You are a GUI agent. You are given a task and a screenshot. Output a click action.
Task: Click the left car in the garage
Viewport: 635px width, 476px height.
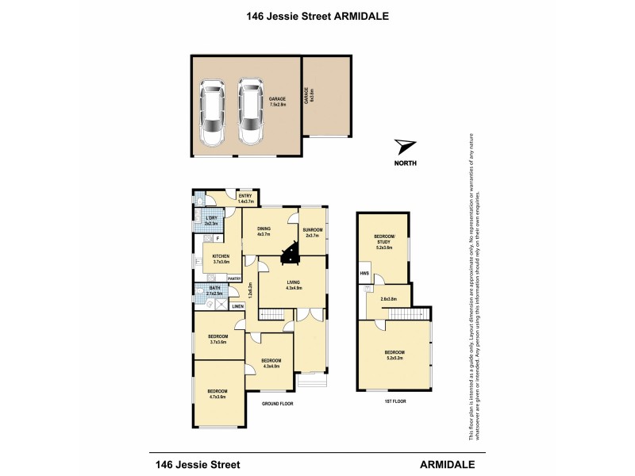click(x=212, y=113)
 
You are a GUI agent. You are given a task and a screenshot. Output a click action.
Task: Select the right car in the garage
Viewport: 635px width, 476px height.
click(x=251, y=113)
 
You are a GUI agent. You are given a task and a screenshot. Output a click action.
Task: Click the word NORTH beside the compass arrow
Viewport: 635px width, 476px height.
click(x=405, y=163)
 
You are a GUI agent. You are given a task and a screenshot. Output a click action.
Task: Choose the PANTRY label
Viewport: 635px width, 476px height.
click(x=234, y=278)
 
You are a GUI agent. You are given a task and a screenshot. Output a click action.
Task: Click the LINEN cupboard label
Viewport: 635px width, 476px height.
click(x=237, y=305)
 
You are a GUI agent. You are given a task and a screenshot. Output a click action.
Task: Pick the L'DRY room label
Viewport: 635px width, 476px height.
click(x=211, y=219)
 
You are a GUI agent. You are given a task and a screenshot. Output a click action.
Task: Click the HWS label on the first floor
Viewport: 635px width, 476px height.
click(x=364, y=274)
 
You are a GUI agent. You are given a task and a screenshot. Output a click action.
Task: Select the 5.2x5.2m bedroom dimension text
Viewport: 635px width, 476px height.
click(x=394, y=358)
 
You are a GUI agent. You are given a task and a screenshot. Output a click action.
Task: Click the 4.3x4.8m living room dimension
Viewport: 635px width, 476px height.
click(x=292, y=289)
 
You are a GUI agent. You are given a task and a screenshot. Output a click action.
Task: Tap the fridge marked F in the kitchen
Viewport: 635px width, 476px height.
click(x=219, y=237)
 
